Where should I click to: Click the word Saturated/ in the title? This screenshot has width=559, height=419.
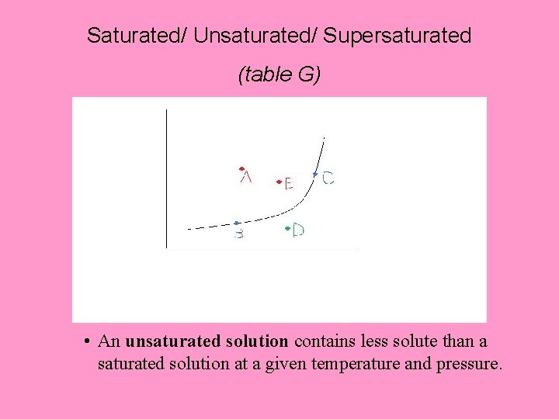[137, 36]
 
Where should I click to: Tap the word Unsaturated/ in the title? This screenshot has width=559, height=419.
[256, 36]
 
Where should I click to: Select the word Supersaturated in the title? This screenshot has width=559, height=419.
[398, 36]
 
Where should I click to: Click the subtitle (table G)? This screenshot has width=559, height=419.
[279, 74]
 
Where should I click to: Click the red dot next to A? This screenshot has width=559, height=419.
[242, 168]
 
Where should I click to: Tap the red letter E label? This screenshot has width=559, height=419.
[288, 184]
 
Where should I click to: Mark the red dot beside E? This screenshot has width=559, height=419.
[279, 182]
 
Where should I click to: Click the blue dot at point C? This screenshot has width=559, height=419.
[315, 175]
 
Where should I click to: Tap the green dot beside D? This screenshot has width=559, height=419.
[288, 228]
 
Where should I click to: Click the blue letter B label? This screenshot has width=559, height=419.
[239, 234]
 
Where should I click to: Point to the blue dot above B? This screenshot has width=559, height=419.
[236, 223]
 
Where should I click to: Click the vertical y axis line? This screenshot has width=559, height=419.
[166, 178]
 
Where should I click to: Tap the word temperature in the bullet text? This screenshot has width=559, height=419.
[350, 362]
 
